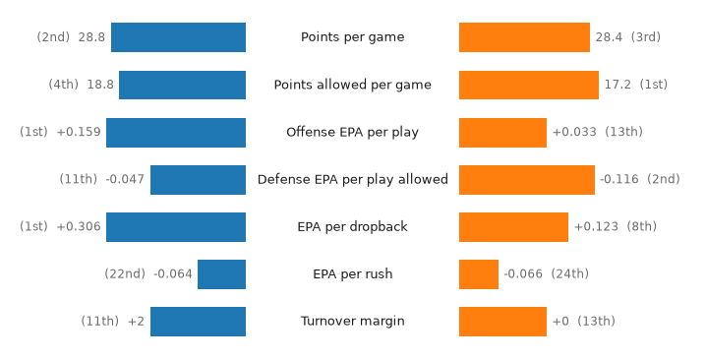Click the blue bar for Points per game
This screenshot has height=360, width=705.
[x=179, y=37]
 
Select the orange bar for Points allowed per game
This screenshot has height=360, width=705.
[x=529, y=85]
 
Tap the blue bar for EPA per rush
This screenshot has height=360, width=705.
[x=221, y=274]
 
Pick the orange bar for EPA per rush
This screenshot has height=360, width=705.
[x=479, y=274]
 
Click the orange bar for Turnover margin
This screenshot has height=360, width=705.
[x=502, y=322]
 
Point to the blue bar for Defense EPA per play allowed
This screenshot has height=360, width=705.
[x=199, y=180]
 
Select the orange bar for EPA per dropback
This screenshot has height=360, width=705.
[x=513, y=227]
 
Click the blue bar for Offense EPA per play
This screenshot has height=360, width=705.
[x=176, y=133]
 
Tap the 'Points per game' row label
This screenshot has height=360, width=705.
[x=352, y=37]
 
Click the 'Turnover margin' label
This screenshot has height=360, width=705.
[x=352, y=321]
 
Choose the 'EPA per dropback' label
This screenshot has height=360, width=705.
[x=352, y=226]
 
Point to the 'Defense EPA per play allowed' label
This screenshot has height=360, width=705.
[x=352, y=179]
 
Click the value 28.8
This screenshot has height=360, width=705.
[x=91, y=37]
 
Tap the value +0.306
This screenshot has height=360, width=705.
[x=79, y=226]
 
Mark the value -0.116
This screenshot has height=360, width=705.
[x=619, y=179]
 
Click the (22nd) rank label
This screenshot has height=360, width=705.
[x=125, y=273]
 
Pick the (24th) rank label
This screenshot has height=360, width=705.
[x=570, y=273]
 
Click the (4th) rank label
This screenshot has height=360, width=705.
[x=63, y=85]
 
